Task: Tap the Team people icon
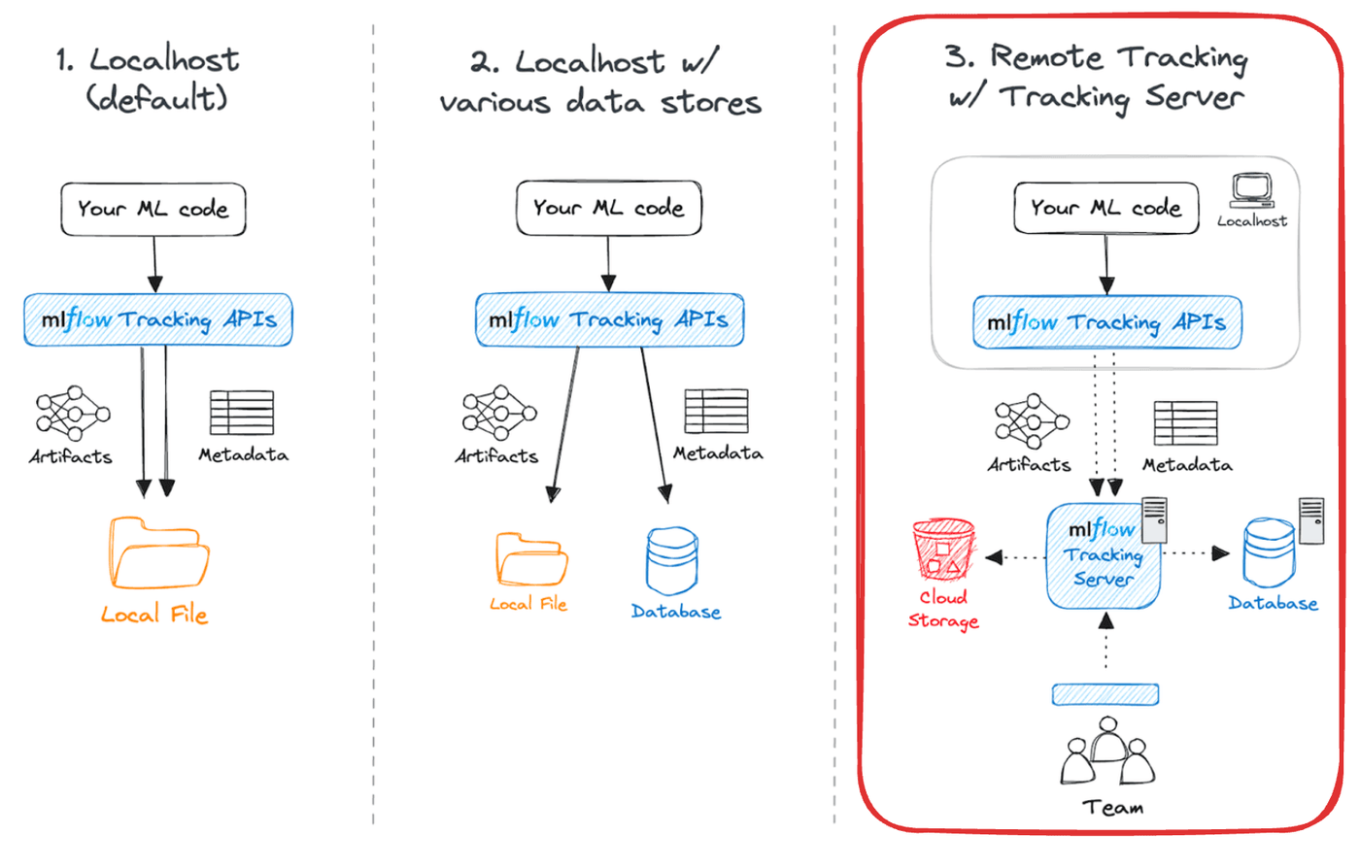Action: tap(1107, 752)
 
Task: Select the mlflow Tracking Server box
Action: tap(1104, 556)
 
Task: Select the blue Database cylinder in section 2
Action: tap(672, 561)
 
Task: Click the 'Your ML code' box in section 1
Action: tap(153, 209)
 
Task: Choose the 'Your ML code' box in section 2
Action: tap(608, 208)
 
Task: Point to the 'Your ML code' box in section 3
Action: tap(1105, 208)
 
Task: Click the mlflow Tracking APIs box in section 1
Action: tap(158, 319)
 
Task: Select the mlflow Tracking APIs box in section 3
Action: tap(1106, 322)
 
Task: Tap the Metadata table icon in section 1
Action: tap(242, 413)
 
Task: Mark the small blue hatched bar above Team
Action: tap(1105, 694)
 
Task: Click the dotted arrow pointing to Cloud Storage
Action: tap(1014, 557)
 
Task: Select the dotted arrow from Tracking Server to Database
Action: tap(1196, 553)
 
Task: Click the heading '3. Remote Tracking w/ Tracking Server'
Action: tap(1097, 77)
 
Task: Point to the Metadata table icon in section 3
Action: tap(1185, 423)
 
